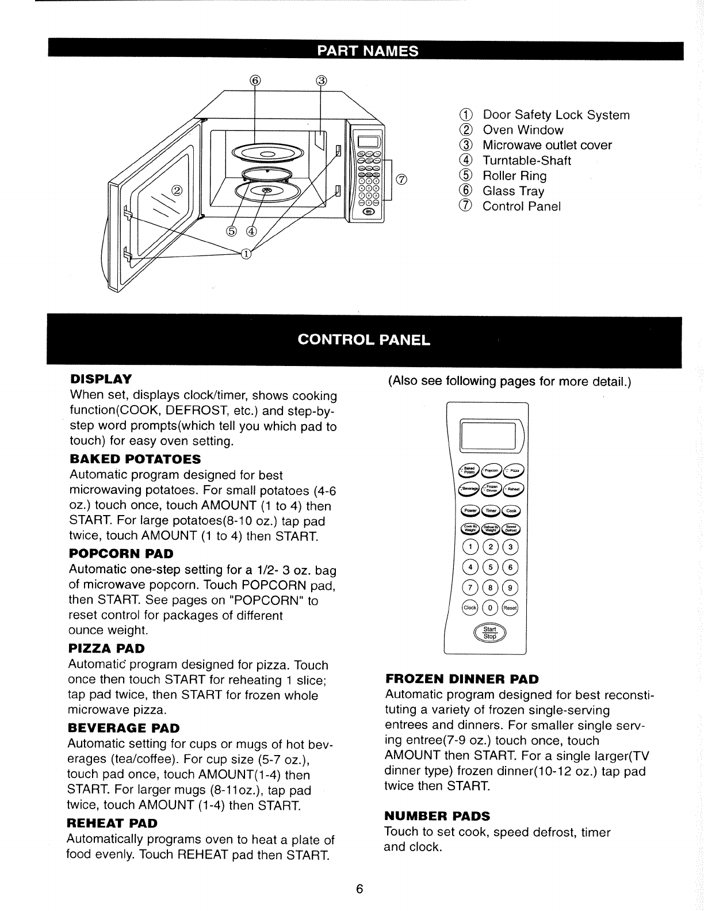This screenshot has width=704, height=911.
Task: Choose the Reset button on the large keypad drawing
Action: [x=510, y=608]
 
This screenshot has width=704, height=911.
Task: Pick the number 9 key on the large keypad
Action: [x=510, y=588]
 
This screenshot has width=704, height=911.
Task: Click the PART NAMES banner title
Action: [x=366, y=51]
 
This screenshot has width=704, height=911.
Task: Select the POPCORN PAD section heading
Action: [x=121, y=554]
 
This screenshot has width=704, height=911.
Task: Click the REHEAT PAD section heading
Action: [x=112, y=823]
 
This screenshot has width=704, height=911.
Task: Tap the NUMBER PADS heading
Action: [x=437, y=816]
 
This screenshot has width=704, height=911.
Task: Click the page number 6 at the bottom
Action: [x=359, y=889]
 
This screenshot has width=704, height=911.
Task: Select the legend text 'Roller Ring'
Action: [x=515, y=176]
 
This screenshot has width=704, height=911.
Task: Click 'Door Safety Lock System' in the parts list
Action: [x=556, y=115]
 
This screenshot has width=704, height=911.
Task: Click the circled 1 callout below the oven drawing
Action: [x=246, y=254]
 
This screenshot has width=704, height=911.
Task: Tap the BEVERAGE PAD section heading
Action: [x=124, y=728]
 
